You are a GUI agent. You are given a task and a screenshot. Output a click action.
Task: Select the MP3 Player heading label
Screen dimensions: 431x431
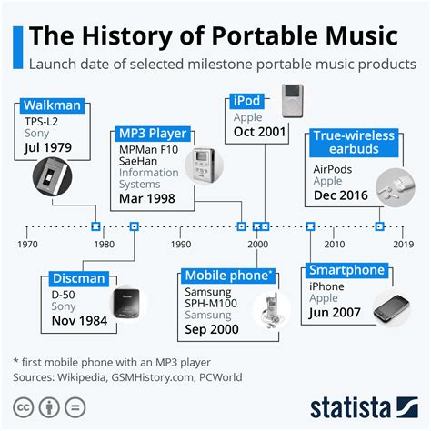coord(154,134)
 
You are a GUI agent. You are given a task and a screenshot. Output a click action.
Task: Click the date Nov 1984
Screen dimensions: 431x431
coord(53,321)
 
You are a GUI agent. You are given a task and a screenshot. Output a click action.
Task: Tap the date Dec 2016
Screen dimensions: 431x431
coord(341,195)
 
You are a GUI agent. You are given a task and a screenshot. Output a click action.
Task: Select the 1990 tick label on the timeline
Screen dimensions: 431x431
coord(181,244)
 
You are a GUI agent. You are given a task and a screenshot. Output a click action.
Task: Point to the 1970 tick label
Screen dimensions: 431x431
coord(27,244)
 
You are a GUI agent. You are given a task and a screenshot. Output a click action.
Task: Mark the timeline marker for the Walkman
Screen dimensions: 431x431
coord(95,226)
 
